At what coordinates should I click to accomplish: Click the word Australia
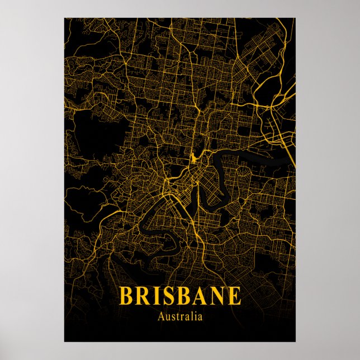[x=180, y=317]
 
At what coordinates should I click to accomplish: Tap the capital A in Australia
[x=162, y=317]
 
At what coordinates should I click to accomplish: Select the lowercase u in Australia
[x=168, y=318]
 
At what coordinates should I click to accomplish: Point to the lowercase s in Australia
[x=174, y=318]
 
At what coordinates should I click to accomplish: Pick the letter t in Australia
[x=178, y=317]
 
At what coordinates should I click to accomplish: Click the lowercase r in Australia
[x=182, y=318]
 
